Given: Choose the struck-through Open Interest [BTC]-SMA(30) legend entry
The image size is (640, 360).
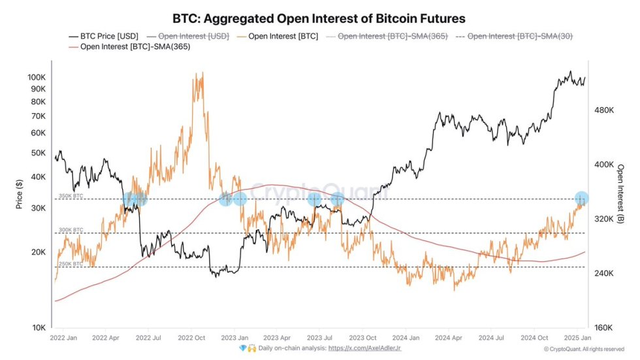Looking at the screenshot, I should [x=520, y=37].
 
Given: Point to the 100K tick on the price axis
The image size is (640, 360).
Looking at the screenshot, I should [x=37, y=77].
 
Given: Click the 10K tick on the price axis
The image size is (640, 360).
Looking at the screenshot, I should [x=39, y=327].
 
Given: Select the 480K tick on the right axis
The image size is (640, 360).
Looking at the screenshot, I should [x=603, y=111].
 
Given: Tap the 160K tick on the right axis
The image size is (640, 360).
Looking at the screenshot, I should [x=603, y=327].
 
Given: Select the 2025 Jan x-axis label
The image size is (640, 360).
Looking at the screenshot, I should [x=577, y=338].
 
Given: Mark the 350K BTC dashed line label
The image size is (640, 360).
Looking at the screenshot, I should [x=71, y=195].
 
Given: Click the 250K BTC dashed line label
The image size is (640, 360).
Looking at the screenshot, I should [x=71, y=264].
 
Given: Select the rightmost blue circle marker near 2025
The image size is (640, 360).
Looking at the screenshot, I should [x=581, y=199].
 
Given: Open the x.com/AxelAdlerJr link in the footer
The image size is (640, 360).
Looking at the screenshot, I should [x=366, y=349].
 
